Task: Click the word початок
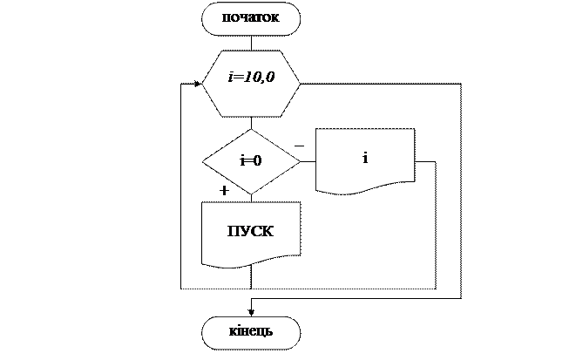coord(250,18)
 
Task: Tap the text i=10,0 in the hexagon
coord(251,78)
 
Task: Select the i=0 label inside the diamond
coord(251,161)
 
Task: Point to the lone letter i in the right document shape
coord(365,158)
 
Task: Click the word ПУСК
coord(250,232)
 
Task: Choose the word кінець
coord(251,332)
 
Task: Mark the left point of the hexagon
coord(203,84)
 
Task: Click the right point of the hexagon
coord(300,84)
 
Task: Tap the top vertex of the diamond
coord(251,129)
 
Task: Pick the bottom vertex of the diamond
coord(251,194)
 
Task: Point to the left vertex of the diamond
coord(203,161)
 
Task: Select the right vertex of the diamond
coord(300,161)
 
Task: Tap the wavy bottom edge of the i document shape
coord(365,187)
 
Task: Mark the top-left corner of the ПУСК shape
coord(203,204)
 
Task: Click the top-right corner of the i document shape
coord(413,130)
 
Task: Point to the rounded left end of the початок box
coord(206,18)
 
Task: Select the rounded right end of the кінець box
coord(297,332)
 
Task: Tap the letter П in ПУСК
coord(233,232)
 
